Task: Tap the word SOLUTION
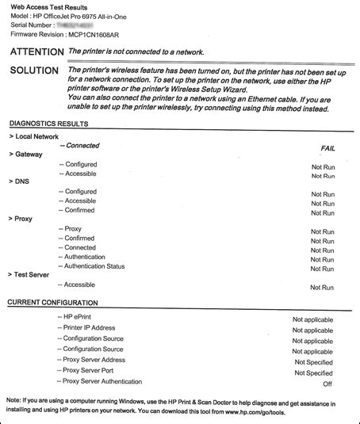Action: (x=32, y=71)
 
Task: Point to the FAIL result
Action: (x=327, y=148)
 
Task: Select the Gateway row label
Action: (x=27, y=154)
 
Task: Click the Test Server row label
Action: (x=32, y=275)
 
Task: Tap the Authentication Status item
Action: (x=95, y=266)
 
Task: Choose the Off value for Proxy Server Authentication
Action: (x=327, y=384)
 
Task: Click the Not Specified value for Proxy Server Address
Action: (x=313, y=361)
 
